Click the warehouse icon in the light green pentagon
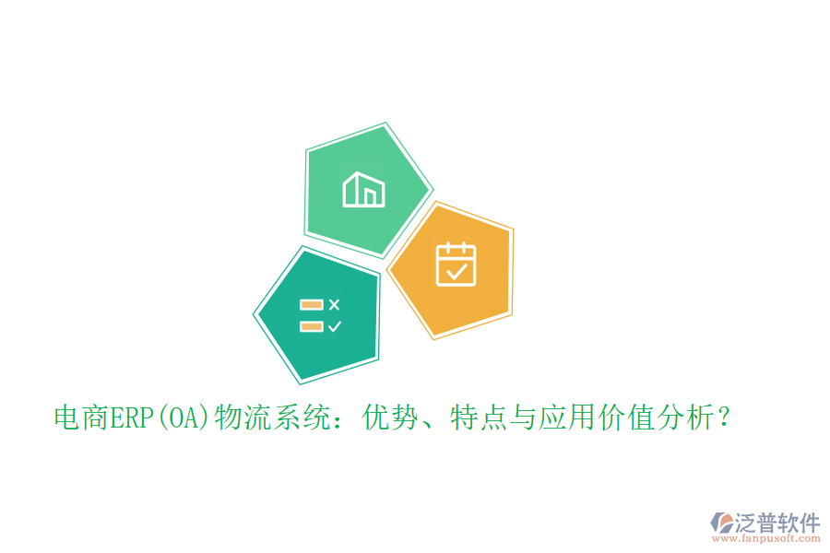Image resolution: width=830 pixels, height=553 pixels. point(363,189)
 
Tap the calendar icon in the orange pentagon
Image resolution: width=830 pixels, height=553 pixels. point(455,265)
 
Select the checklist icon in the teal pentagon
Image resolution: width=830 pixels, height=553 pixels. point(320,315)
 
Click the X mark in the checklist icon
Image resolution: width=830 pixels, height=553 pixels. point(334,304)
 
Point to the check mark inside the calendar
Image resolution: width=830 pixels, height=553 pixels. point(455,270)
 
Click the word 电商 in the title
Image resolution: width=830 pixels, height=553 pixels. point(81,418)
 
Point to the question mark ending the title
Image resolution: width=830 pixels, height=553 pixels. point(725,418)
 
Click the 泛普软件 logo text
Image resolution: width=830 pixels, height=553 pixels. point(777,524)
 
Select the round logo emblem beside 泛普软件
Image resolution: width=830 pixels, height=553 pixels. point(720,525)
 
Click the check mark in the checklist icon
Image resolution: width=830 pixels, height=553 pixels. point(334,326)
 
